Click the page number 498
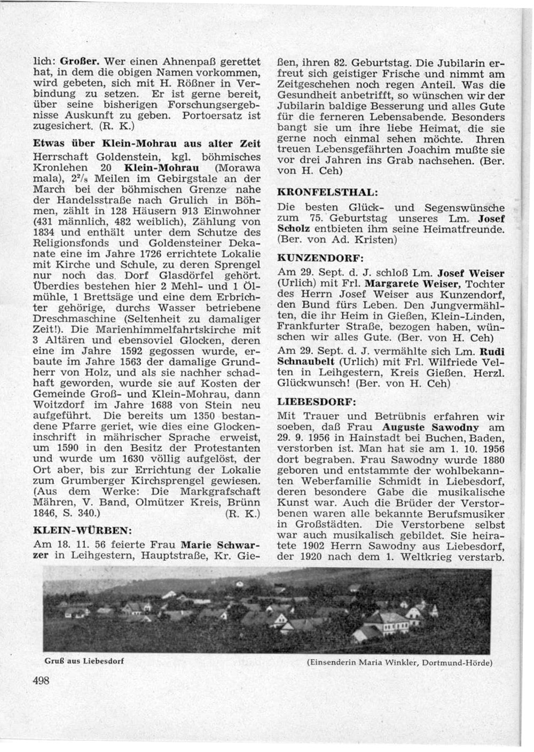click(x=41, y=680)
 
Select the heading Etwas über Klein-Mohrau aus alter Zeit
click(x=146, y=144)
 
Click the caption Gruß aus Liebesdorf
click(x=84, y=661)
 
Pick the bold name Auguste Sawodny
click(x=430, y=427)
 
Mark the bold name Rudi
click(x=492, y=351)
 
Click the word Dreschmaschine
click(x=66, y=319)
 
